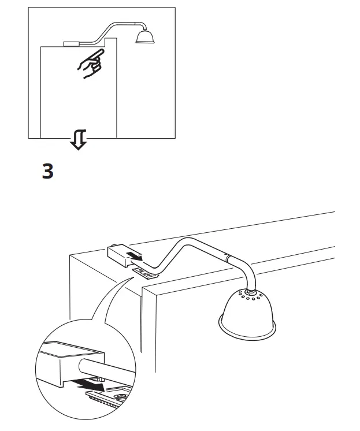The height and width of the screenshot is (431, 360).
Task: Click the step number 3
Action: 49,172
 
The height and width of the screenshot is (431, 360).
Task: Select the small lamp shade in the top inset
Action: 144,37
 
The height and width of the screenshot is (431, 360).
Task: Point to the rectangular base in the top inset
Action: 71,43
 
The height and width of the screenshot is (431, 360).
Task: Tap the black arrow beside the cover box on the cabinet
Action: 135,257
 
